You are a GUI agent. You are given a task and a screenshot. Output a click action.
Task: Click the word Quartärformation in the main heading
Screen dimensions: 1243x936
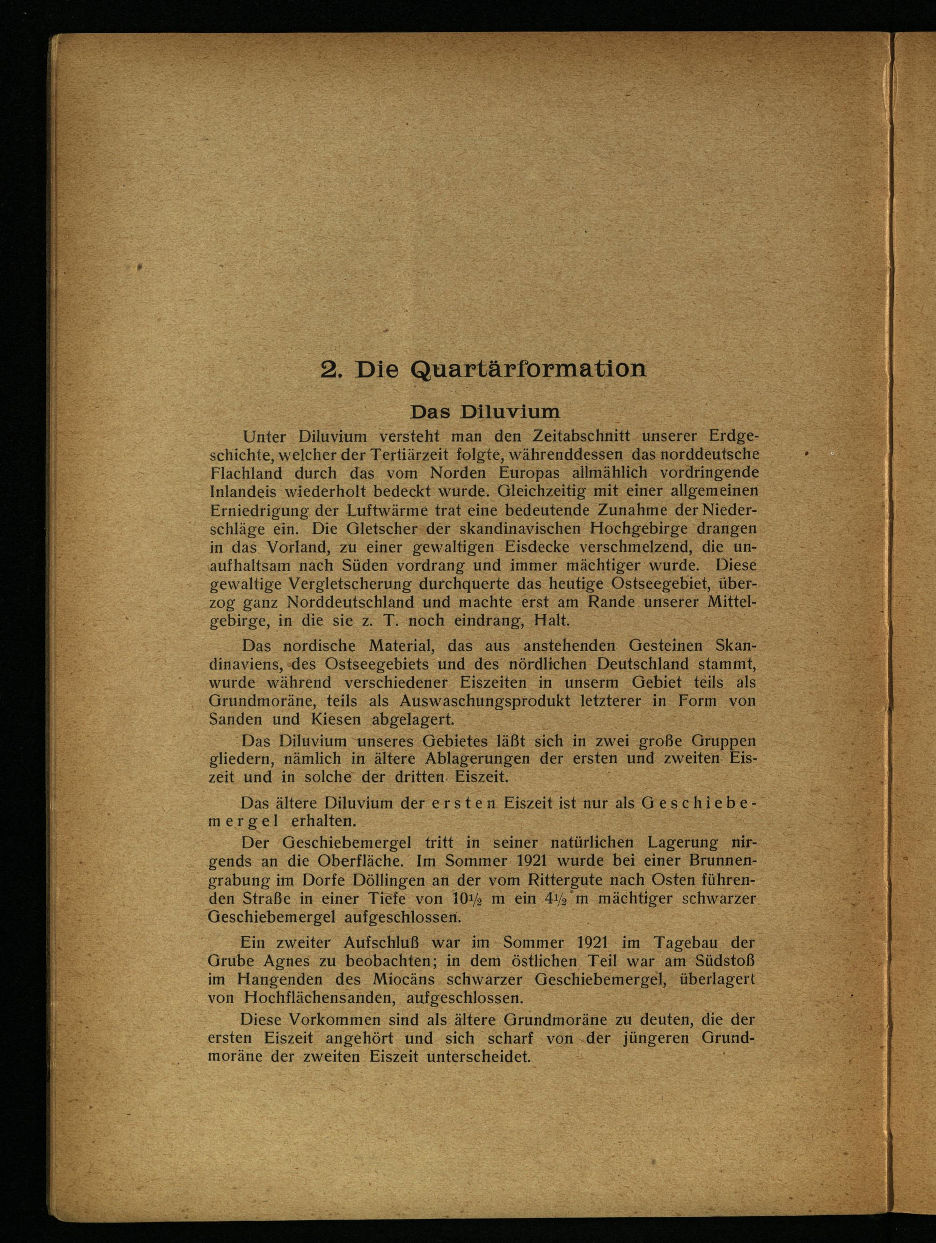click(x=529, y=370)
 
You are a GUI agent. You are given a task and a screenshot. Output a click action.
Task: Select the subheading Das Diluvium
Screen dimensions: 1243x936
click(x=485, y=412)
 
